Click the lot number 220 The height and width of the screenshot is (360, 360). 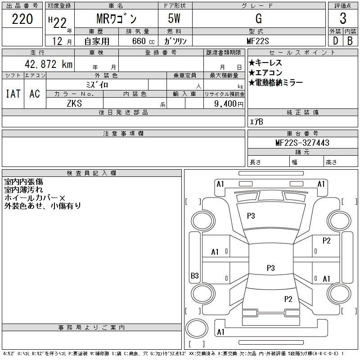(x=22, y=19)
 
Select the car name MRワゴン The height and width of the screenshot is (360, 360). (x=117, y=19)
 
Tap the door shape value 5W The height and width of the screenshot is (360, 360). (x=174, y=18)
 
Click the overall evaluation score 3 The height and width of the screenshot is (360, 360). (x=343, y=18)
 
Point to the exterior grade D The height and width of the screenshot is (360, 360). (x=335, y=41)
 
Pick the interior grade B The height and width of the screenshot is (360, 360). (x=350, y=41)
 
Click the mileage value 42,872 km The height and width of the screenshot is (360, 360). (x=49, y=64)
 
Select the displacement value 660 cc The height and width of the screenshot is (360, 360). (x=143, y=41)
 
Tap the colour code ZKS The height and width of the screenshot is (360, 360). (x=74, y=103)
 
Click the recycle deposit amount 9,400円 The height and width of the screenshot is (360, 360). (x=229, y=103)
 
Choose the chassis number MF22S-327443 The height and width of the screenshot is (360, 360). (x=302, y=143)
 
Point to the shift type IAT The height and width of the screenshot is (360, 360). (x=13, y=94)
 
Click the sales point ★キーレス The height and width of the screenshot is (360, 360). (x=265, y=63)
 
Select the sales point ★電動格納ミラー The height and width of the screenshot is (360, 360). (x=275, y=82)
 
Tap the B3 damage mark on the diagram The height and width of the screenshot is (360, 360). (x=195, y=275)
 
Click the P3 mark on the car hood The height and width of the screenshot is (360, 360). (x=251, y=216)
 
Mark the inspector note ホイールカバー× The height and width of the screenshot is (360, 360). (x=35, y=198)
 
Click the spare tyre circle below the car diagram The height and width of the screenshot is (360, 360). (x=197, y=328)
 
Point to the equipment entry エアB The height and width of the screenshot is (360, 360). (x=256, y=121)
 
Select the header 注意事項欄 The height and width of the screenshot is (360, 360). (x=123, y=133)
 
